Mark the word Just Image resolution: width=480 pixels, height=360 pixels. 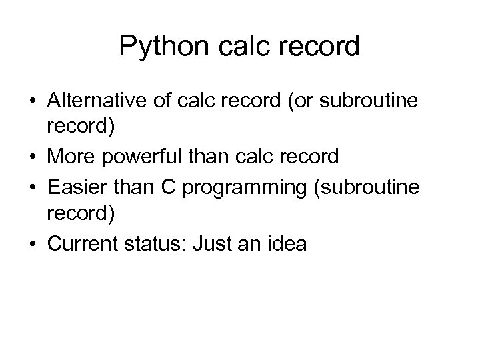210,244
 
